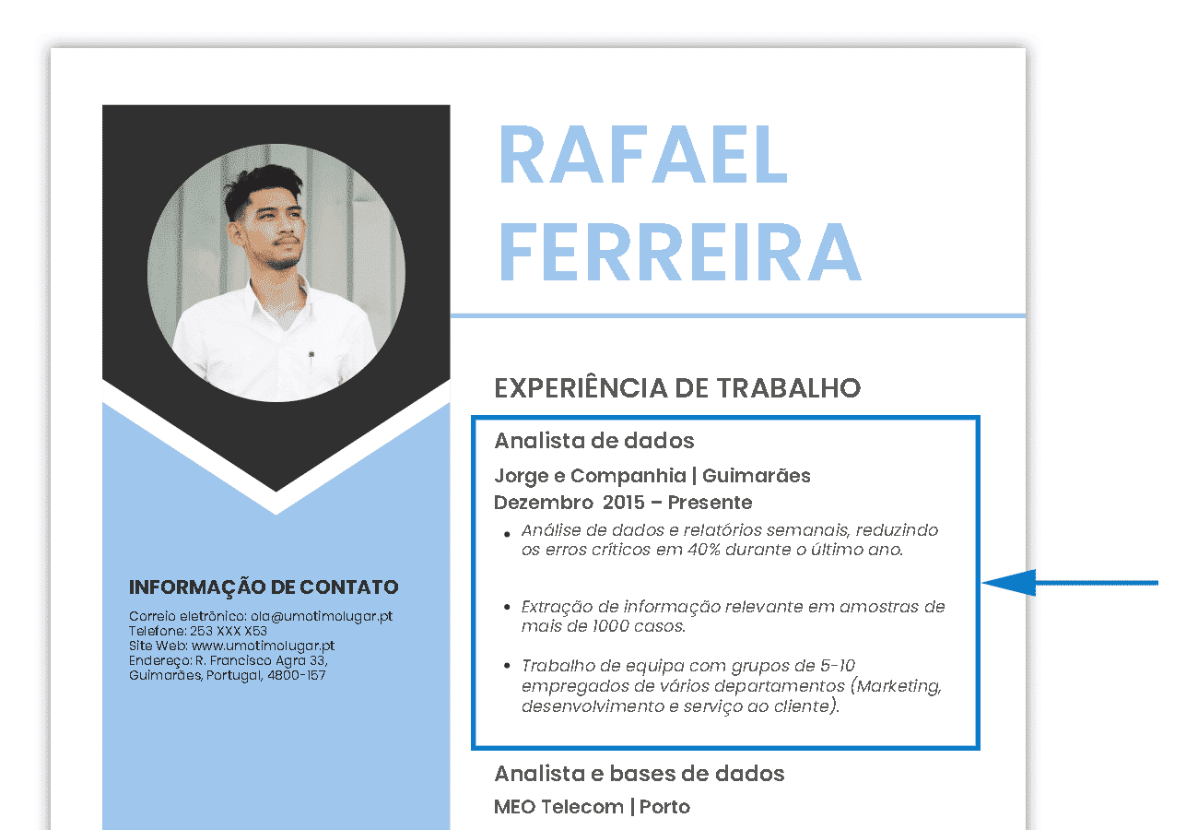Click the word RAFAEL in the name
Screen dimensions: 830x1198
click(642, 154)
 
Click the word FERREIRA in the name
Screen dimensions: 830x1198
click(679, 252)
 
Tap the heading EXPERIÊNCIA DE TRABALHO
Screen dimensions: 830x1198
click(677, 388)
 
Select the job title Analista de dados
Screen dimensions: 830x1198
click(594, 441)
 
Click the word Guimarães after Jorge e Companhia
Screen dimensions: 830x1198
click(757, 476)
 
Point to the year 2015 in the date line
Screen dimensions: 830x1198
click(624, 503)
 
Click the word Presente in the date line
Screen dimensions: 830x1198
click(710, 503)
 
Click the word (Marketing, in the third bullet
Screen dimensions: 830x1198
click(895, 686)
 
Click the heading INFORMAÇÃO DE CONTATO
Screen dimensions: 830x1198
click(264, 587)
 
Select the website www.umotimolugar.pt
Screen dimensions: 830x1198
click(263, 646)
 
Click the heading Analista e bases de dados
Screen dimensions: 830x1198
click(640, 774)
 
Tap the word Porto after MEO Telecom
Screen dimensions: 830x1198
click(664, 807)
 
